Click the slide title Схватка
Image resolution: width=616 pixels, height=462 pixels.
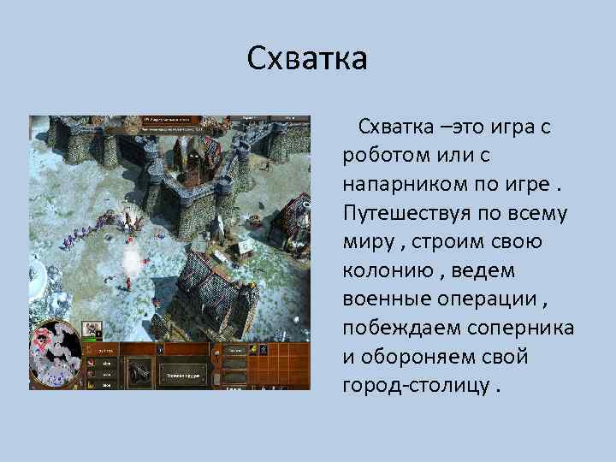click(x=307, y=59)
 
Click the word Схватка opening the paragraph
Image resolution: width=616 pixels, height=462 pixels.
click(x=396, y=127)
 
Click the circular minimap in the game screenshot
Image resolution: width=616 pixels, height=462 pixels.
click(x=55, y=352)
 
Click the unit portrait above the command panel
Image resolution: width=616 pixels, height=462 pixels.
click(x=92, y=329)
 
